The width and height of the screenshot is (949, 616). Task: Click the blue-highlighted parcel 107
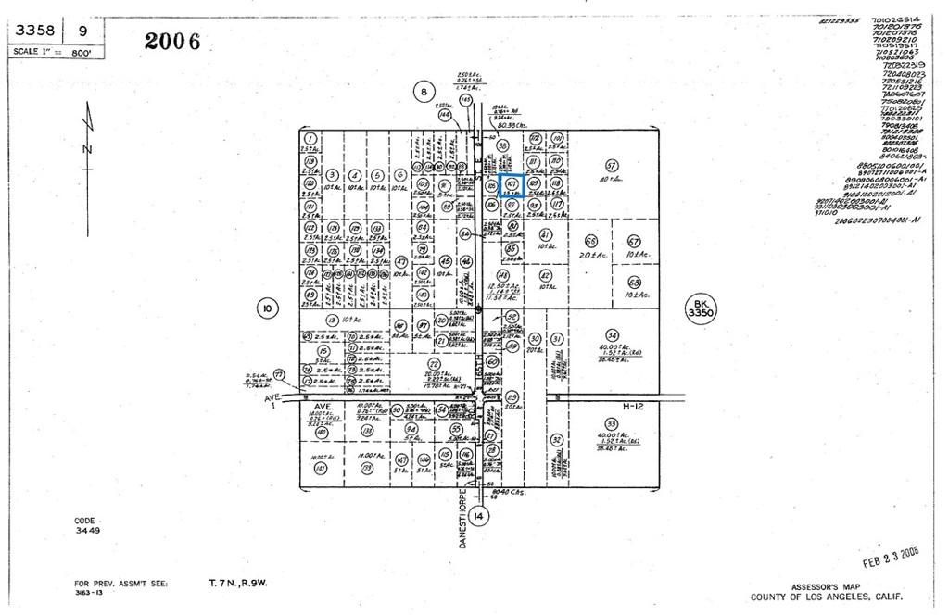[512, 185]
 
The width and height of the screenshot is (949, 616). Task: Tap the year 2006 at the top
[172, 42]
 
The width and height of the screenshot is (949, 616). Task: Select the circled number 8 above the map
[424, 91]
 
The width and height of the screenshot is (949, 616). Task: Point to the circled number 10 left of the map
[266, 308]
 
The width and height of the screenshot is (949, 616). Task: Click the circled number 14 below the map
[477, 515]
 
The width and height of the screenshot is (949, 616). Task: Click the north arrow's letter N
[86, 148]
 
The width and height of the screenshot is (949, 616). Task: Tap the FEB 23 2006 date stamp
[891, 556]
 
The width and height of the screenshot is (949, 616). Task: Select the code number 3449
[88, 531]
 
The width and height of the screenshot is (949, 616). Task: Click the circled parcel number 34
[611, 334]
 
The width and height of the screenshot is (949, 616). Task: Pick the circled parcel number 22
[433, 364]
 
